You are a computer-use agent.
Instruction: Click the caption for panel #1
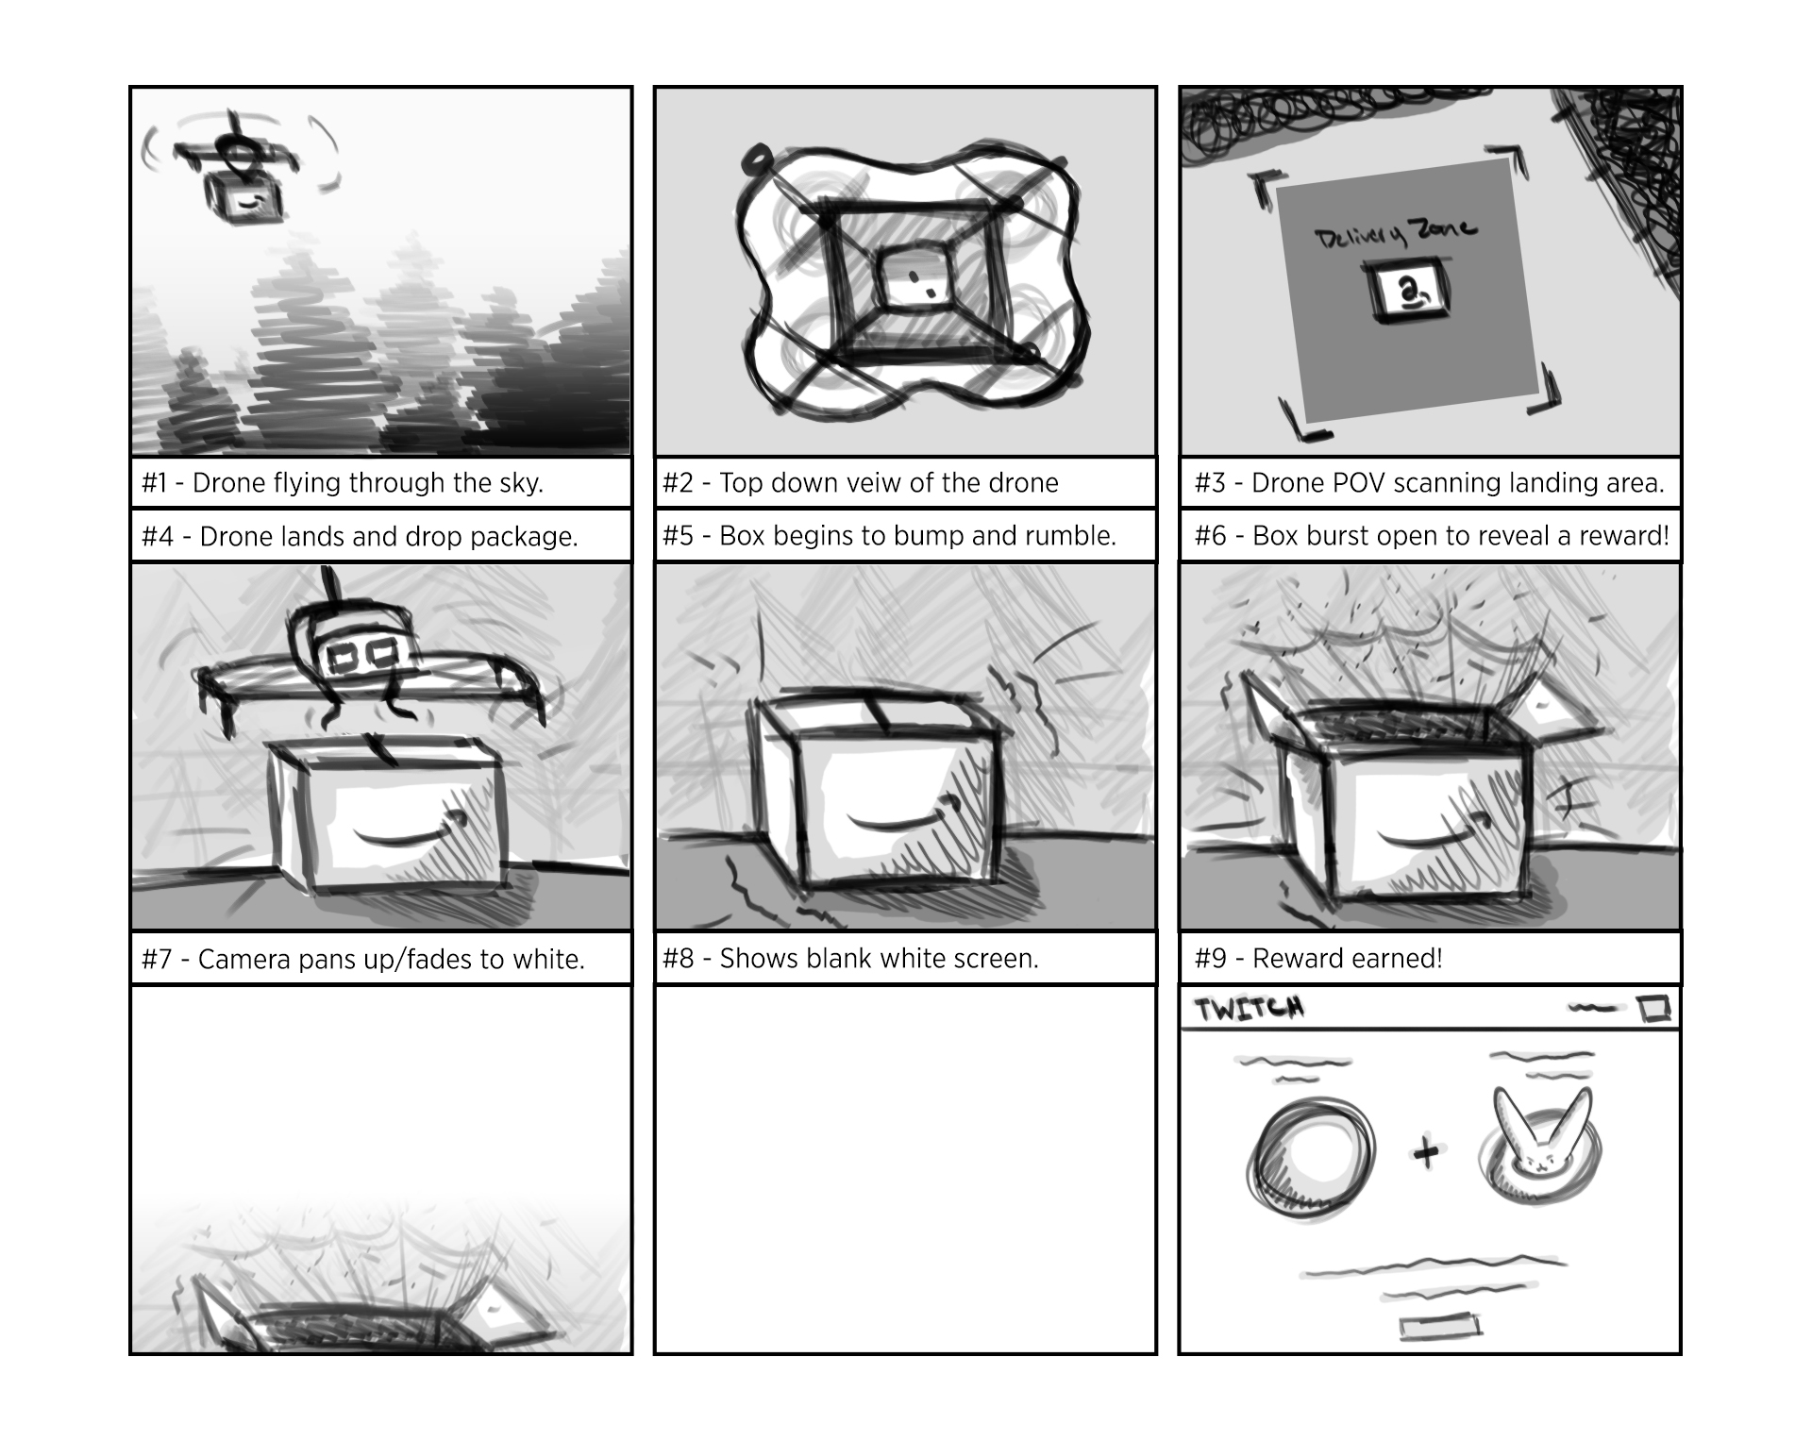pos(342,483)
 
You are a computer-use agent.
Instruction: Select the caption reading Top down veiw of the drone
pos(860,483)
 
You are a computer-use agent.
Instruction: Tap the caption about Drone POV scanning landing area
pos(1429,483)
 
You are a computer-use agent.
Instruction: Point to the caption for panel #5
pos(889,536)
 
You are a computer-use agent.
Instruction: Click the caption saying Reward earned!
pos(1318,959)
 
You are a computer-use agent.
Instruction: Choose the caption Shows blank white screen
pos(850,959)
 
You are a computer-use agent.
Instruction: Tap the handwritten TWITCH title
pos(1250,1009)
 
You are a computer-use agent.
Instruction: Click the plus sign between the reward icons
pos(1426,1152)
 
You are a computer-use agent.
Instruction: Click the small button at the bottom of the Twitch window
pos(1439,1326)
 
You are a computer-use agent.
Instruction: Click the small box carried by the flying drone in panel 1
pos(244,199)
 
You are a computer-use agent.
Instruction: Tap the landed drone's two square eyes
pos(362,653)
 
